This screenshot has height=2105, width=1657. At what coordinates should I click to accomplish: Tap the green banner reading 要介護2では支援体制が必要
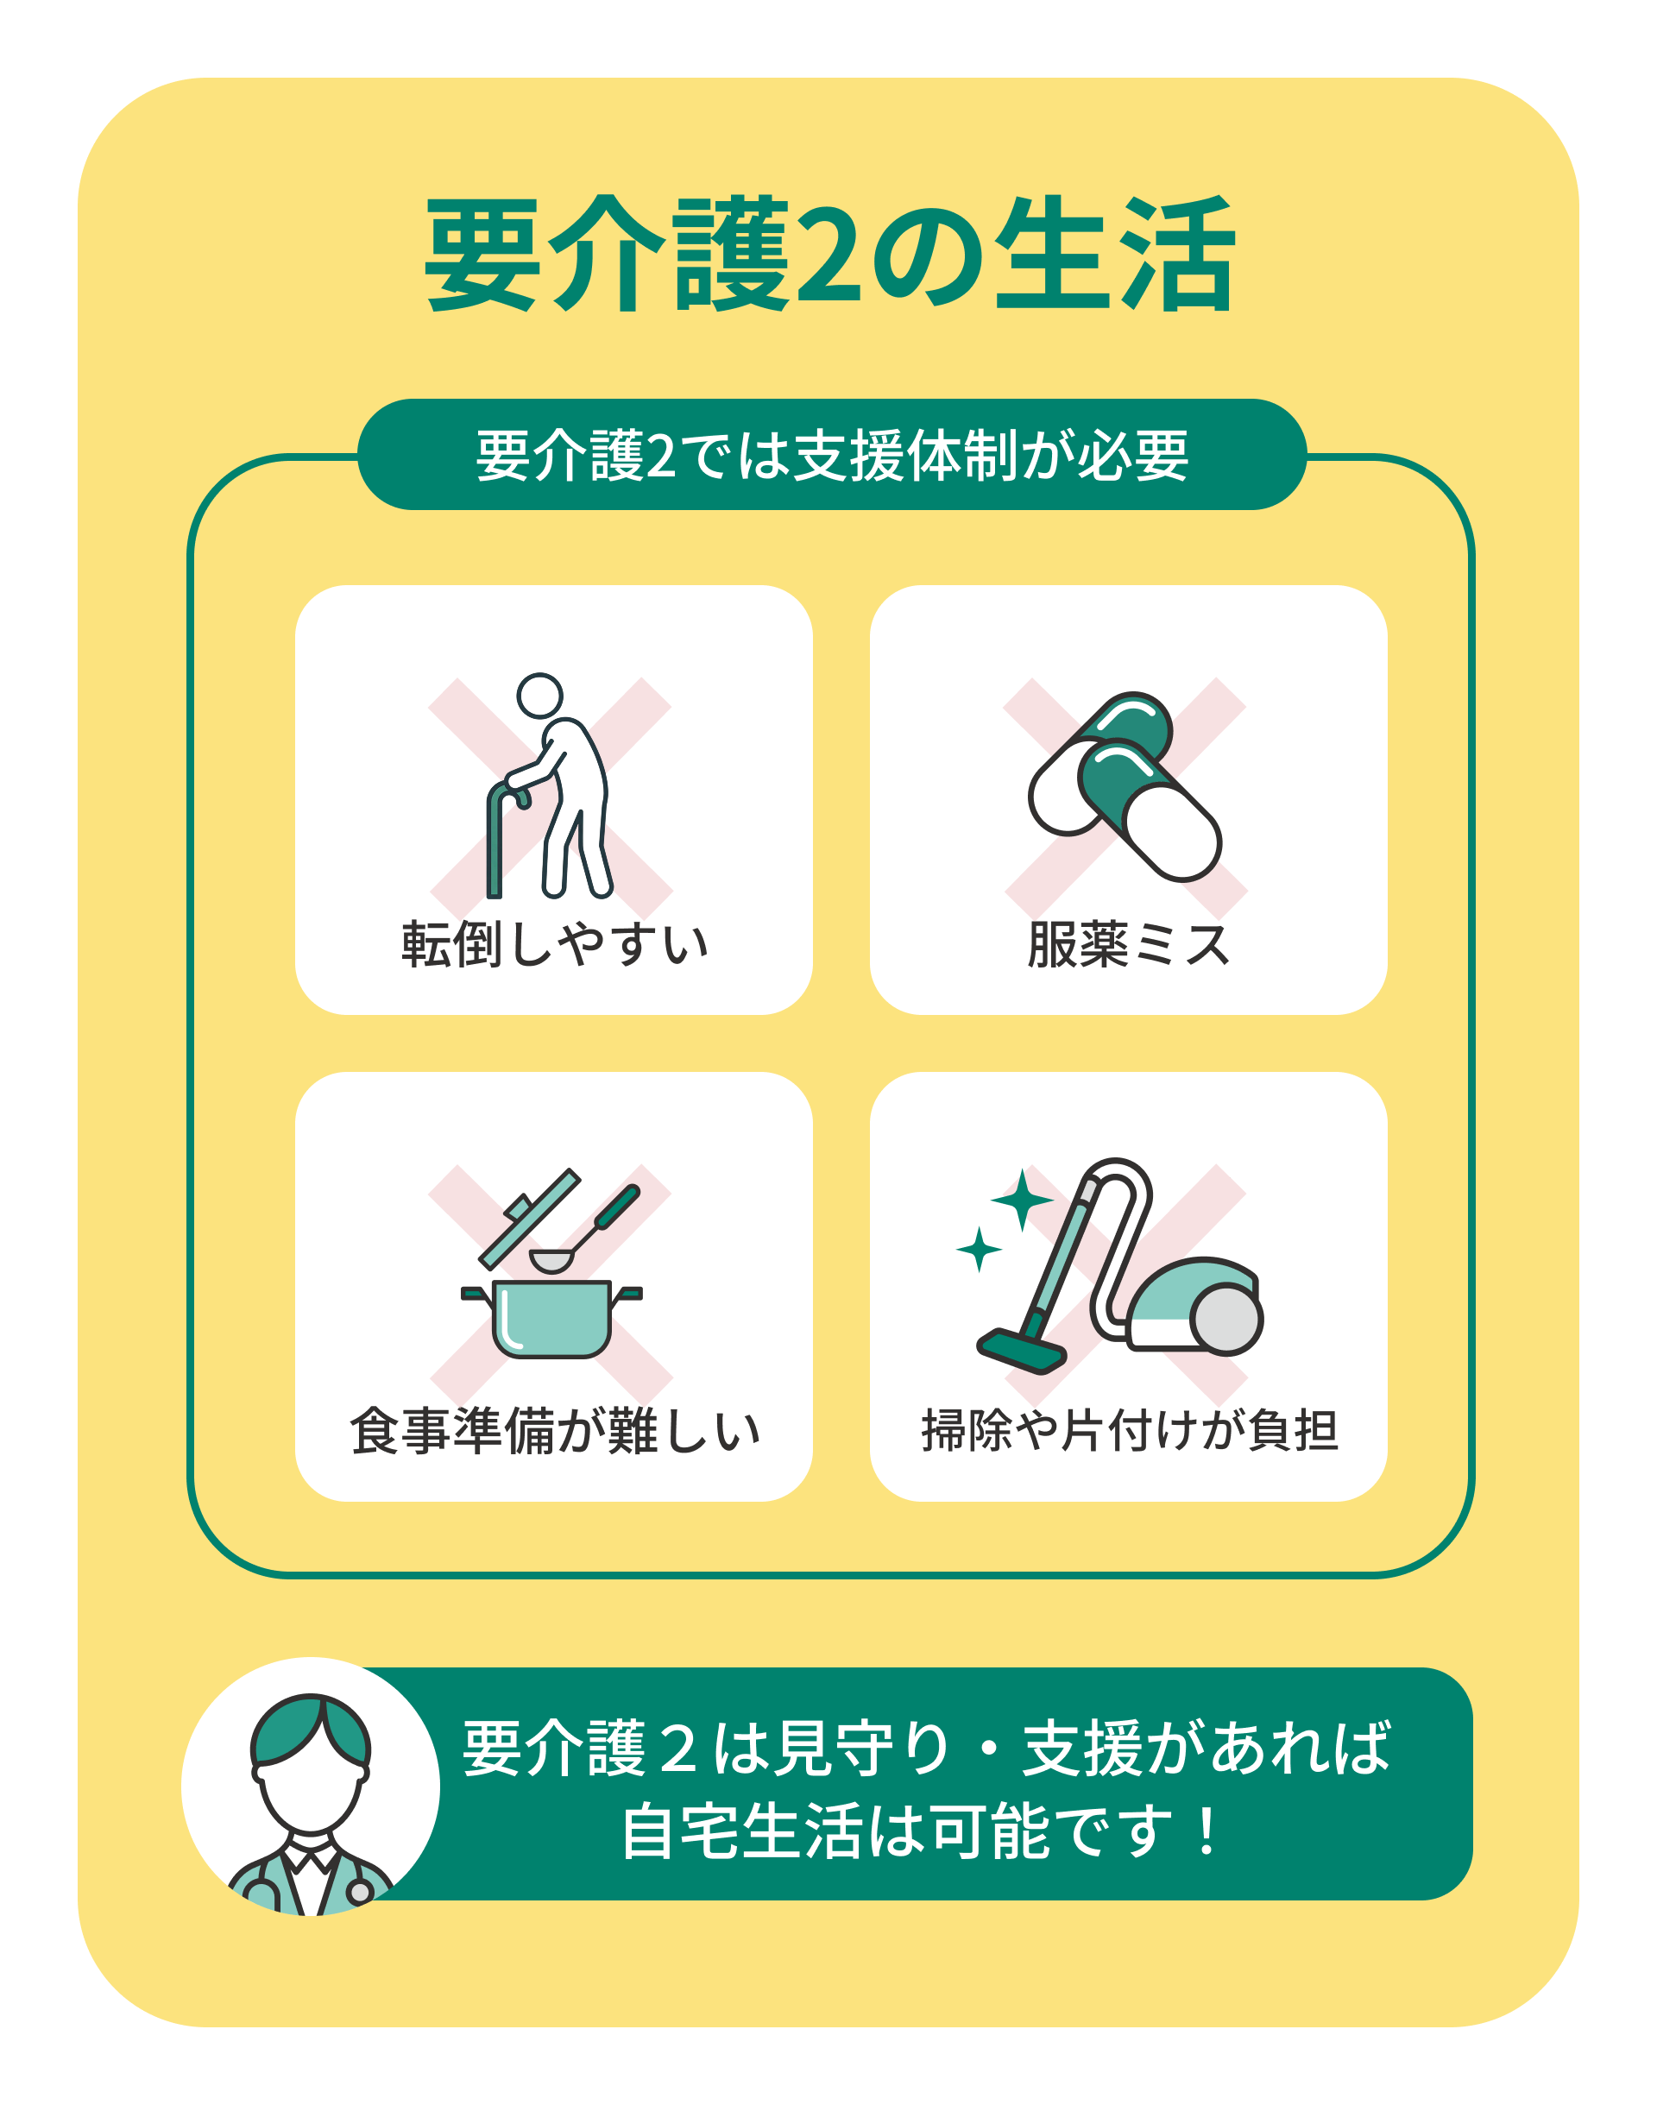coord(831,454)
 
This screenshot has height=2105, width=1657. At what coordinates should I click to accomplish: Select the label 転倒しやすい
coord(555,944)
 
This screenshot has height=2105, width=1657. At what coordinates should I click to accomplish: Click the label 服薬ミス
coord(1128,944)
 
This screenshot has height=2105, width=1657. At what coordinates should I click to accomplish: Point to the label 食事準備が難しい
coord(555,1431)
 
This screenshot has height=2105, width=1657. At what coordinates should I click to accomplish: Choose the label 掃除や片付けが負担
coord(1129,1431)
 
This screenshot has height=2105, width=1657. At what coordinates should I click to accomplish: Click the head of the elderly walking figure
coord(539,696)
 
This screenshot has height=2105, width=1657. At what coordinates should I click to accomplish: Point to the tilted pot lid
coord(530,1219)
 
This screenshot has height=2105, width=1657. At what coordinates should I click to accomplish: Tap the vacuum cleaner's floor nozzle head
coord(1022,1352)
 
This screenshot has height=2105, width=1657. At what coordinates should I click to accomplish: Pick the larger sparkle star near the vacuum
coord(1022,1200)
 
